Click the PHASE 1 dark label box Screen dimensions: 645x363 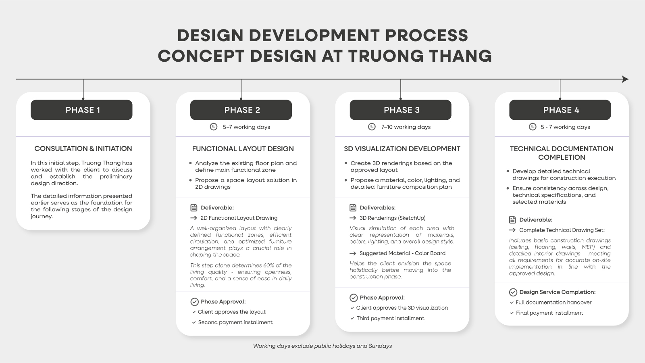coord(81,110)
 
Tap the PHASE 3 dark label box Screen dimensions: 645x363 coord(401,110)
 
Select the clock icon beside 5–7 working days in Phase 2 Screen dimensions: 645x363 coord(213,127)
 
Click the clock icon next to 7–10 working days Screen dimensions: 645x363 coord(372,127)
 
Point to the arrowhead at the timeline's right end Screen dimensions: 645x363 coord(625,79)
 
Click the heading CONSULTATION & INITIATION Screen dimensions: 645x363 coord(83,149)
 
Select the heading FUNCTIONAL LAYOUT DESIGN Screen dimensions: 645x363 coord(243,149)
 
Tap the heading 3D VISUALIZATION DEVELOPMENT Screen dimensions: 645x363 coord(402,149)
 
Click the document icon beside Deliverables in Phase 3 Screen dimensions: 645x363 coord(353,207)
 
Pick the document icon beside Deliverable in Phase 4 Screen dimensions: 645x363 coord(512,220)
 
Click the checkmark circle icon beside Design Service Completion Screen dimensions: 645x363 coord(513,292)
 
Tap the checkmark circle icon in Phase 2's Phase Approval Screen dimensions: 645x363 coord(195,302)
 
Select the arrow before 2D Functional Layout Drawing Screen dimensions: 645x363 coord(193,218)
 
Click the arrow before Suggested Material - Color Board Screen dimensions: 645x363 coord(353,254)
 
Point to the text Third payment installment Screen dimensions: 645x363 coord(391,318)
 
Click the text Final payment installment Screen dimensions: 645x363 coord(549,313)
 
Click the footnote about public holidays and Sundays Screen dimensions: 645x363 coord(322,346)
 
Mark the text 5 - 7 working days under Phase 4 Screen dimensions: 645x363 coord(565,127)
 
